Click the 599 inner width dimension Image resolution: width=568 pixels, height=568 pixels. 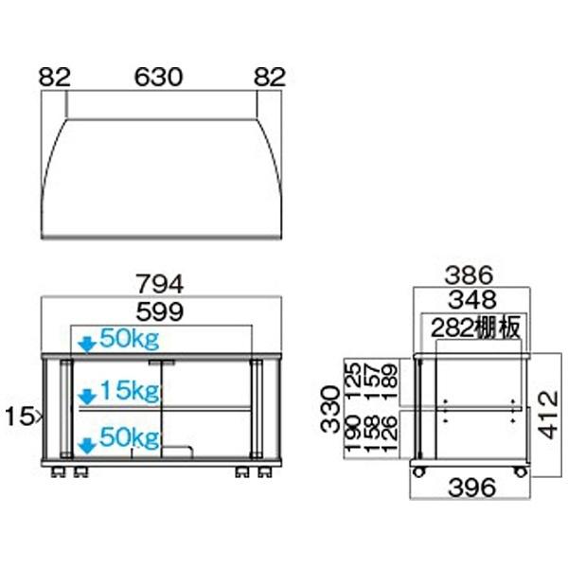(x=162, y=312)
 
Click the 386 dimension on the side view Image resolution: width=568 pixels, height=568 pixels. (x=470, y=277)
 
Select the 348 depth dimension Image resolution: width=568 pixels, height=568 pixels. (x=470, y=302)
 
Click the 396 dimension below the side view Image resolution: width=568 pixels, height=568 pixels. (x=470, y=489)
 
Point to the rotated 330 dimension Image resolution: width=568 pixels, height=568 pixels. (x=329, y=408)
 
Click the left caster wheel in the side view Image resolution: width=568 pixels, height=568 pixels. (x=417, y=469)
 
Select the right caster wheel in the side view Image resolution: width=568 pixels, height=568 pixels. (x=520, y=469)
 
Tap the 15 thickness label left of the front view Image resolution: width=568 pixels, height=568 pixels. (x=23, y=414)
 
